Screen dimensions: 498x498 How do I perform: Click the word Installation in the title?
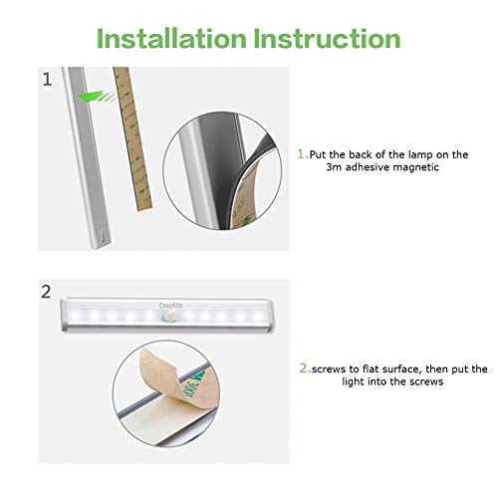(171, 39)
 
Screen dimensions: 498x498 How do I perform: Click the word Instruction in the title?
(328, 39)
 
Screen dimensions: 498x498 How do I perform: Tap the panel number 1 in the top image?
(47, 80)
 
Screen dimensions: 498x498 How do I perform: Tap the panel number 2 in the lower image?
(46, 292)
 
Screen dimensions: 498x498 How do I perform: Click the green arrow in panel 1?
(97, 97)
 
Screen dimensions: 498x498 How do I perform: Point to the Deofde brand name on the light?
(170, 306)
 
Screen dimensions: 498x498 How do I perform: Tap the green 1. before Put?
(303, 154)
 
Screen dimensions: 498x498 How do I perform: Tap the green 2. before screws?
(305, 369)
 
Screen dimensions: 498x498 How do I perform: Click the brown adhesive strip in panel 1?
(132, 138)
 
